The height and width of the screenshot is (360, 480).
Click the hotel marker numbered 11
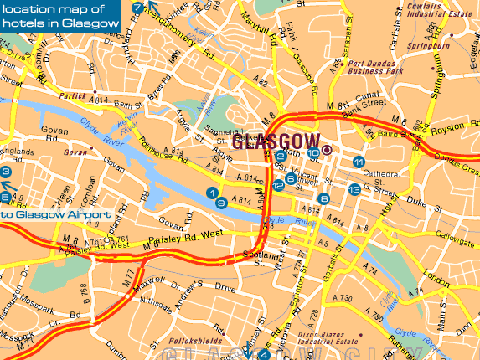click(359, 162)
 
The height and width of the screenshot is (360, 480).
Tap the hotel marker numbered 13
click(354, 190)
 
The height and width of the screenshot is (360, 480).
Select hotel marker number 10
click(313, 152)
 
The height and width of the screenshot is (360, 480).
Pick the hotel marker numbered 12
click(278, 185)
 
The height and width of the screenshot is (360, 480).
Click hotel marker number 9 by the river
click(220, 203)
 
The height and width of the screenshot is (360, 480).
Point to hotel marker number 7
click(137, 8)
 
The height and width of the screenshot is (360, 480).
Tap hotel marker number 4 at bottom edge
click(264, 354)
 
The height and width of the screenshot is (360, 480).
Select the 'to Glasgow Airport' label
click(55, 214)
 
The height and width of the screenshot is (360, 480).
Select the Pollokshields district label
click(194, 342)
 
